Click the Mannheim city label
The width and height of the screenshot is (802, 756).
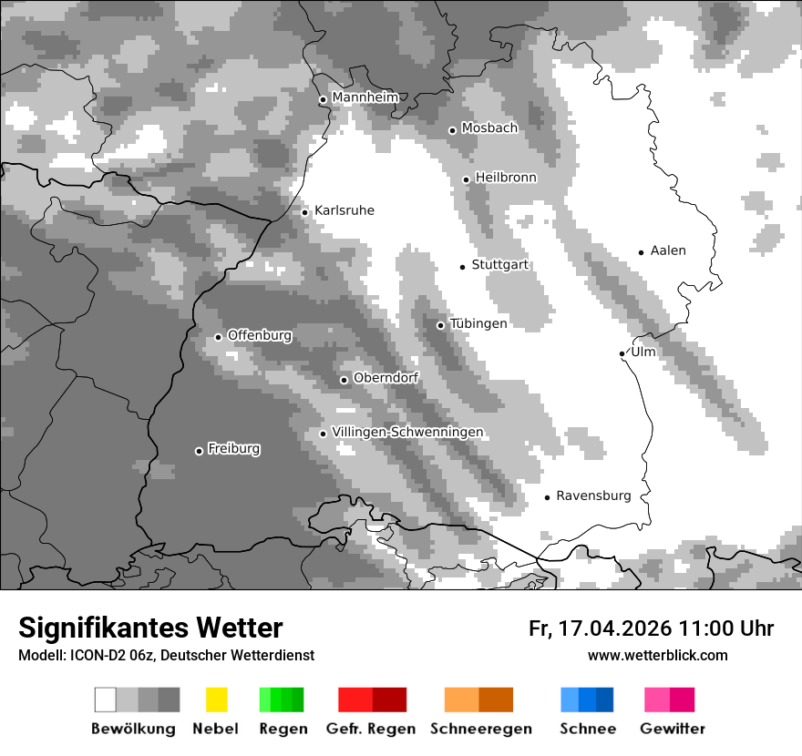coord(365,97)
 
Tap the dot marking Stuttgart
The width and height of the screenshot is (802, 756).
coord(462,266)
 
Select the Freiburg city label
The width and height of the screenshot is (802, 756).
coord(233,449)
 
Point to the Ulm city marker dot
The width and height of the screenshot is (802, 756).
coord(622,353)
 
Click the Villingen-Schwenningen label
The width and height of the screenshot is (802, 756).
coord(407,432)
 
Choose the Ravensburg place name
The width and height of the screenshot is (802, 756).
coord(593,495)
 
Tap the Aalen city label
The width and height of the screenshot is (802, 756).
coord(668,250)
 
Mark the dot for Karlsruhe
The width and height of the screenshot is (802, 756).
coord(305,212)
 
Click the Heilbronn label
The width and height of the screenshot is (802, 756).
coord(506,178)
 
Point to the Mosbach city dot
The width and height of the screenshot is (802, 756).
coord(452,130)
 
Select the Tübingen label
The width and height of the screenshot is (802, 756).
coord(478,323)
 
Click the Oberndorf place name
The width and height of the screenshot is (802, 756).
coord(386,378)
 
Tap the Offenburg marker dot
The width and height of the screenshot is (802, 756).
coord(218,337)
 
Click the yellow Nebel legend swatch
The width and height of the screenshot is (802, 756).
coord(216,700)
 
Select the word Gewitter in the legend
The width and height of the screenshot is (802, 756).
coord(673,729)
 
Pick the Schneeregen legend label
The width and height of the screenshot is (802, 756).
coord(481,729)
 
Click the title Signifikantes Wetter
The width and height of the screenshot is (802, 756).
coord(150,628)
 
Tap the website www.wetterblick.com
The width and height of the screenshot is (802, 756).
coord(658,655)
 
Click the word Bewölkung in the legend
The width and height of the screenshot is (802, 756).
coord(133,729)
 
